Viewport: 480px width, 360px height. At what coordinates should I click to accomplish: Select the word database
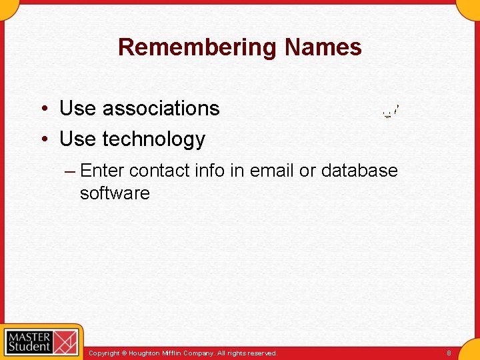(x=359, y=171)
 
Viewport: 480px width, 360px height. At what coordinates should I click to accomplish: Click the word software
(x=115, y=193)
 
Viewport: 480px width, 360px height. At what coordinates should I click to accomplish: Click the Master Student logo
(x=41, y=341)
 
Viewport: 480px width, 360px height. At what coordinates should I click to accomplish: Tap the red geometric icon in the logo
(x=65, y=342)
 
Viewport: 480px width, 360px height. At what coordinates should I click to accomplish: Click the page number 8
(x=449, y=353)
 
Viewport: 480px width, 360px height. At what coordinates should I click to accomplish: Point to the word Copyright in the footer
(x=104, y=353)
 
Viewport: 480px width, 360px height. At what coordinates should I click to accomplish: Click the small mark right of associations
(x=391, y=111)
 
